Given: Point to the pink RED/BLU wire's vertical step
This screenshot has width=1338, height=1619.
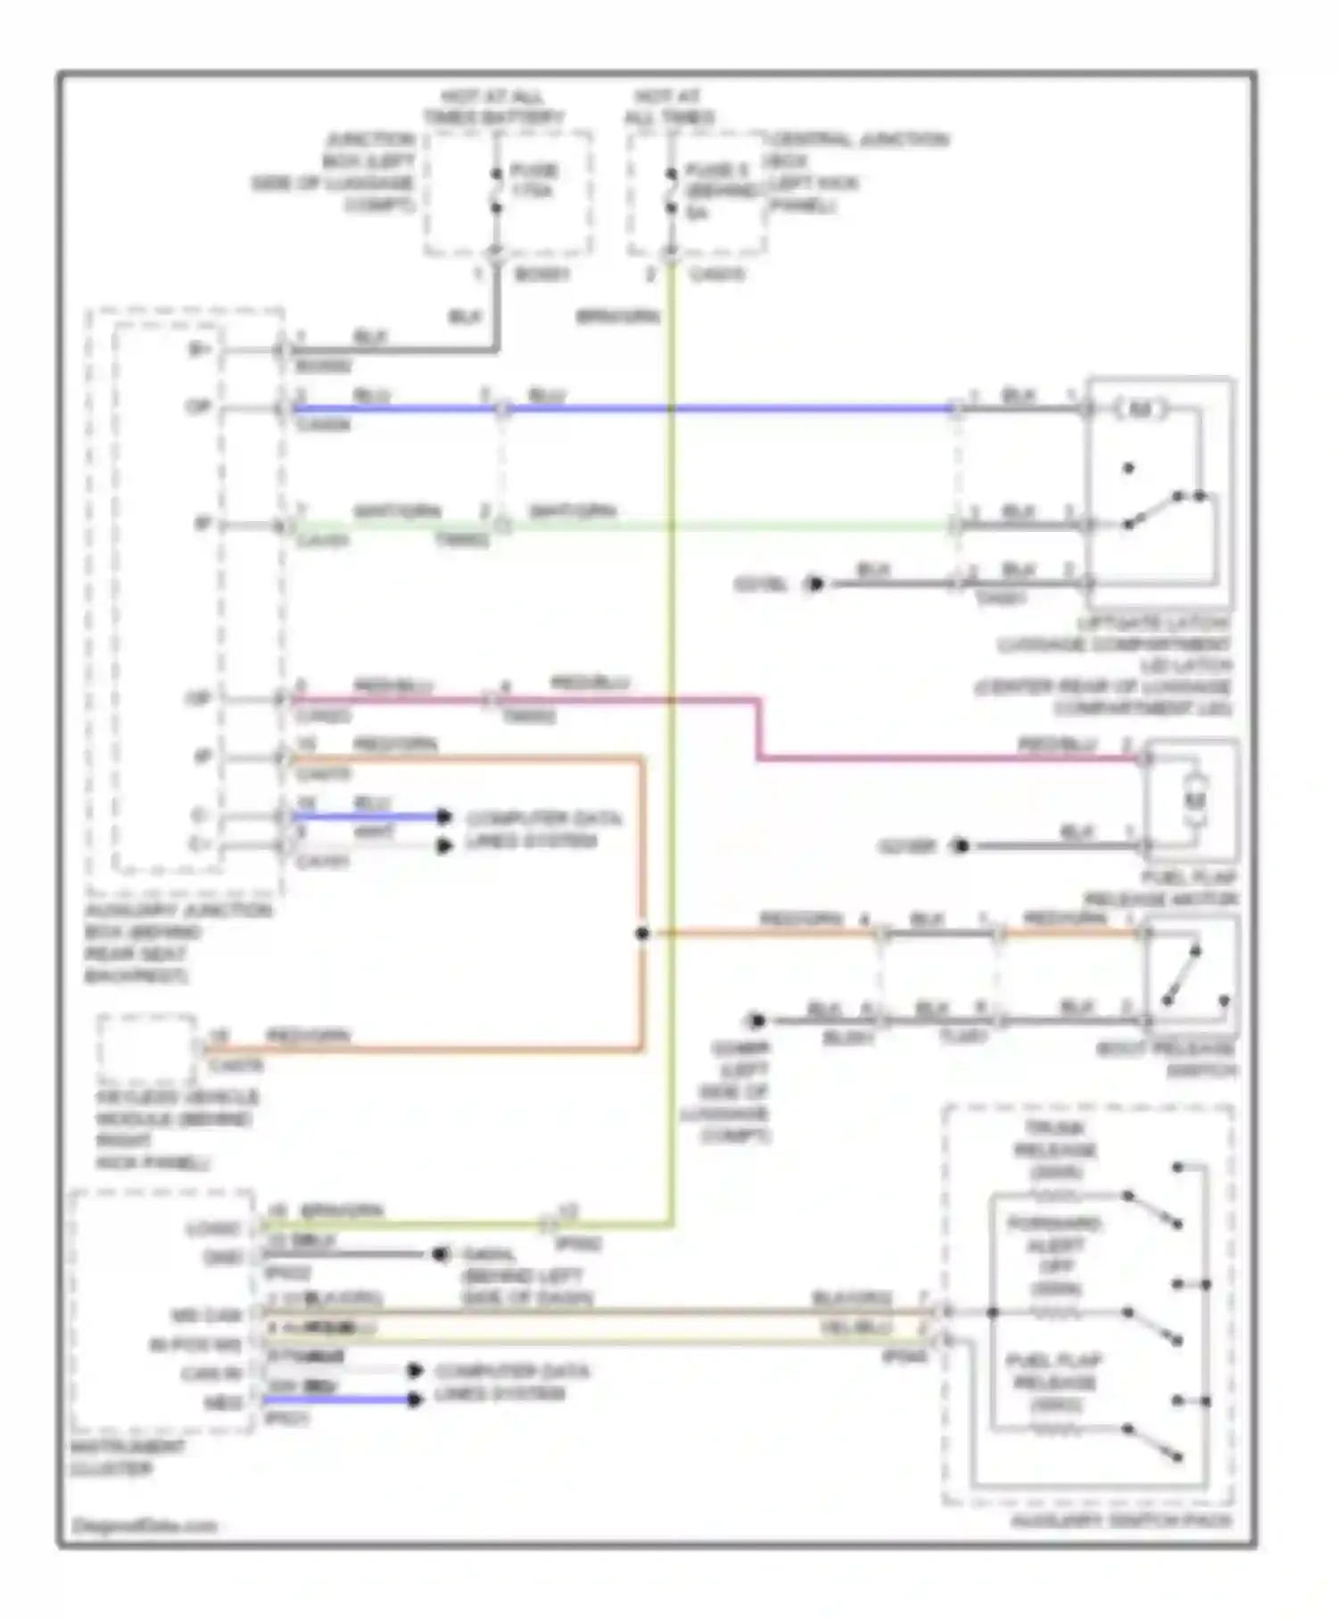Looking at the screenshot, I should pyautogui.click(x=759, y=730).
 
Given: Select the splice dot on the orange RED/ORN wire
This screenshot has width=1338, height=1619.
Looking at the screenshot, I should pyautogui.click(x=642, y=934).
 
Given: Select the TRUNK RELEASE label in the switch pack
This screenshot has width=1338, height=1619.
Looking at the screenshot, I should pyautogui.click(x=1055, y=1150).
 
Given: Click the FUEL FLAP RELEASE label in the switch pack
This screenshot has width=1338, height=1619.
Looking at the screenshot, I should pyautogui.click(x=1054, y=1382).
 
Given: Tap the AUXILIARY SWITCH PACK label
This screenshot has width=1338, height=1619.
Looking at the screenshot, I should pyautogui.click(x=1121, y=1520).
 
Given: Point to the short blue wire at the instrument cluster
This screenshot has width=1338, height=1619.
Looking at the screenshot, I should pyautogui.click(x=339, y=1399).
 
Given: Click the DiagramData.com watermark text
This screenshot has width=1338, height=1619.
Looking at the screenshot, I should pyautogui.click(x=144, y=1525).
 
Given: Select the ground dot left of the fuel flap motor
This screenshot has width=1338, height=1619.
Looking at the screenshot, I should pyautogui.click(x=960, y=845).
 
